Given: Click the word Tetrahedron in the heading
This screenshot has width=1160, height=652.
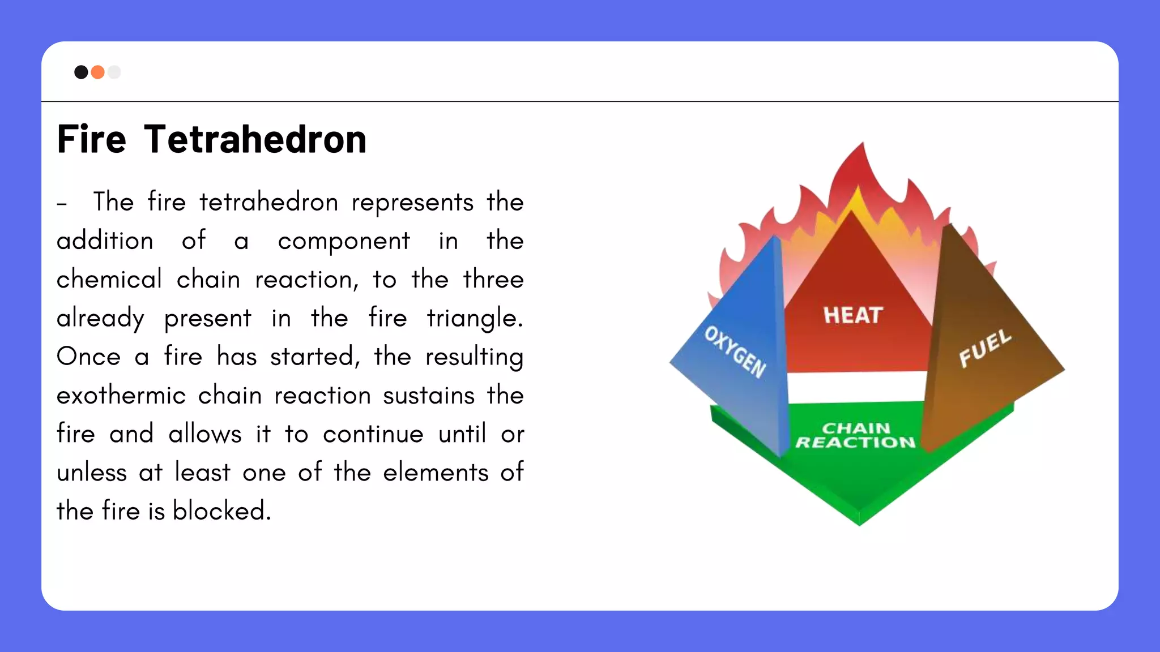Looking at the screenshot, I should (x=255, y=139).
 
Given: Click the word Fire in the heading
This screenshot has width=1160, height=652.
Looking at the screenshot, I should (x=91, y=139).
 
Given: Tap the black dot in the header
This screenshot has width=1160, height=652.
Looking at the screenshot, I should (x=81, y=72).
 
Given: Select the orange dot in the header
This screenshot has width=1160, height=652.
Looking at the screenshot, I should (x=97, y=72).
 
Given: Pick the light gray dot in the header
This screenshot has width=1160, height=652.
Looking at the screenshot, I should (x=114, y=72).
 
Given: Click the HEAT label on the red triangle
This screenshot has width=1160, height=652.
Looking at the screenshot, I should (x=853, y=315).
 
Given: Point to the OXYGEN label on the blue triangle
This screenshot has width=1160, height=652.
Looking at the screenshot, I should (x=735, y=351).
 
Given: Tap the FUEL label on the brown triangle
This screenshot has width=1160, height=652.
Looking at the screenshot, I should (x=985, y=348).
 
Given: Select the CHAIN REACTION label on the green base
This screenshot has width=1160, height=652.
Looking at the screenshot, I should (x=856, y=435).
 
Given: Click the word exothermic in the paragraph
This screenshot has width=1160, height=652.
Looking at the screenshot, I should (x=121, y=395).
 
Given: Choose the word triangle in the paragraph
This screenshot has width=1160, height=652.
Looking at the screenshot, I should (x=475, y=318).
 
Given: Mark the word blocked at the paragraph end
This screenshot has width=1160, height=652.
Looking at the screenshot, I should (x=221, y=511).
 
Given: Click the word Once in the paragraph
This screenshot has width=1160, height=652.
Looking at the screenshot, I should (x=88, y=357).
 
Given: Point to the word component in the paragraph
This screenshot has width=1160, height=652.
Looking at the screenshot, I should (x=344, y=241).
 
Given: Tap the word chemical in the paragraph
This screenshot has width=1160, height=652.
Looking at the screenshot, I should (x=109, y=280).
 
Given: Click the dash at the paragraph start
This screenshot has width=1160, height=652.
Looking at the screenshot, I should (x=62, y=203).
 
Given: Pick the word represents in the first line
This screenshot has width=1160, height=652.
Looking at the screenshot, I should (x=412, y=202).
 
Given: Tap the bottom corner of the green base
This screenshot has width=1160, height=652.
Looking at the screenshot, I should (x=859, y=523).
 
